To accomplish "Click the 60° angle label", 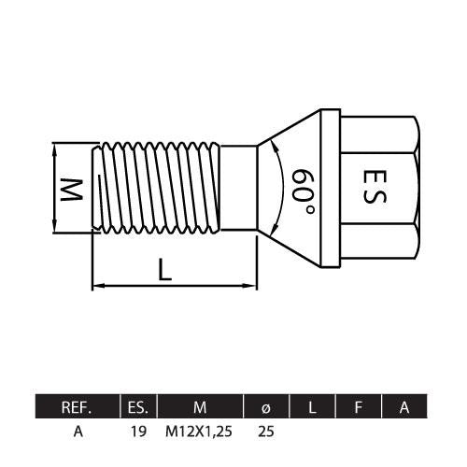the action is point(303,191).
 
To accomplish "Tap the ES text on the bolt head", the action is point(375,186).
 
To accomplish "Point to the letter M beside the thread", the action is point(71,190).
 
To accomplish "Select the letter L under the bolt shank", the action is point(164,270).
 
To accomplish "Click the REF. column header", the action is point(77,407).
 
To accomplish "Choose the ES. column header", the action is point(138,407).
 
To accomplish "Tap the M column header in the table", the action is point(200,407).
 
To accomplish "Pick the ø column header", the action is point(265,407).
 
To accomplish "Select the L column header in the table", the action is point(312,407).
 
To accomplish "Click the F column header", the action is point(359,407).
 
